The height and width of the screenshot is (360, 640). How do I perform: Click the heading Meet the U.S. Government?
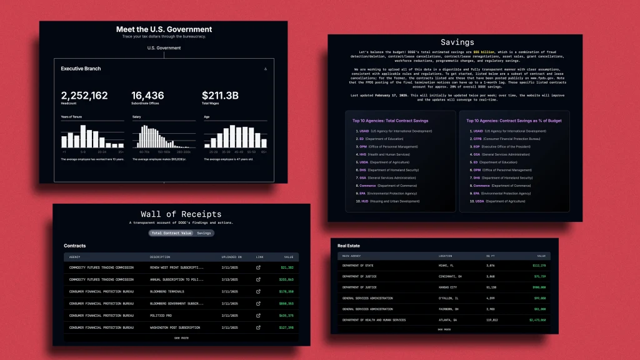click(164, 29)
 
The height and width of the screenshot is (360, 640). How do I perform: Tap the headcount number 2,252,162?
click(84, 96)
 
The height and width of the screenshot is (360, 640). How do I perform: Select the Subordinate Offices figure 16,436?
click(147, 95)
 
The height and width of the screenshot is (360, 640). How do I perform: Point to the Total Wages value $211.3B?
click(219, 96)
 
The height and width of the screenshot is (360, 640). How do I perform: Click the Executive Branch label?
click(81, 69)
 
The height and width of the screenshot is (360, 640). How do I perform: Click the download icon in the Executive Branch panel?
click(266, 69)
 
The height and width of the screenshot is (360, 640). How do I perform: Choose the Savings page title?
click(457, 42)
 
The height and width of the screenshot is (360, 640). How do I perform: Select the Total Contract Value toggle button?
click(171, 233)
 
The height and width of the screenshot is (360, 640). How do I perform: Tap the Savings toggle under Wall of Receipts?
click(204, 233)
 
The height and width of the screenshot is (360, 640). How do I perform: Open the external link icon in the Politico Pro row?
click(258, 316)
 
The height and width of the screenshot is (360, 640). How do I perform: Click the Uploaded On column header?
click(231, 257)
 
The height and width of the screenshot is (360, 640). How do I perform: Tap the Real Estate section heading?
click(349, 246)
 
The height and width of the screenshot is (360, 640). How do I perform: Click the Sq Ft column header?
click(491, 256)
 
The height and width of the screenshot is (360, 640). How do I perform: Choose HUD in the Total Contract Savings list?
click(362, 201)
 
